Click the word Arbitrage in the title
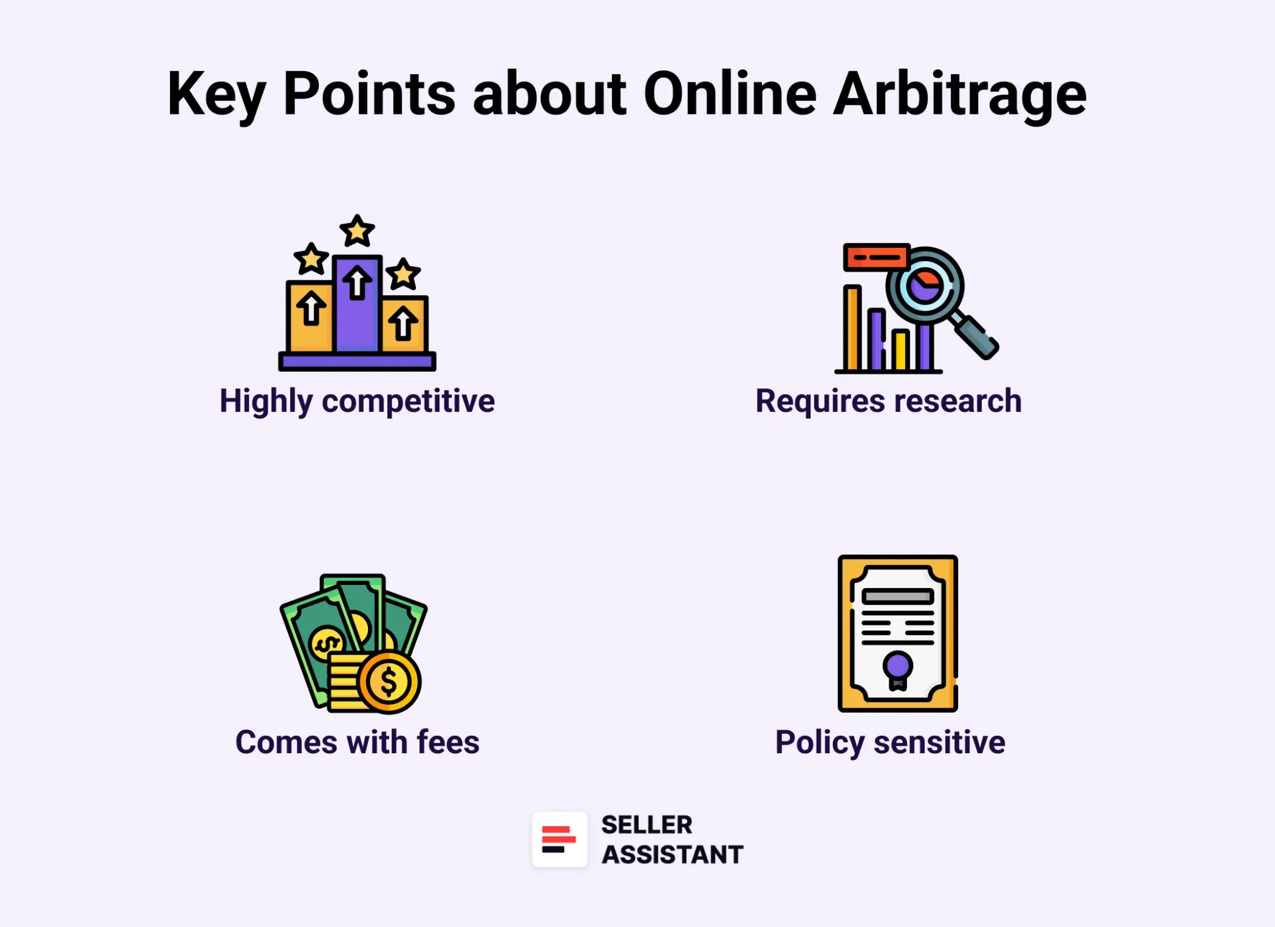(x=959, y=95)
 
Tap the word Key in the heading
(x=216, y=95)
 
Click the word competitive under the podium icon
(x=408, y=401)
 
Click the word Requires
(x=820, y=401)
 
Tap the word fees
(x=448, y=742)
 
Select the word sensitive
(x=939, y=742)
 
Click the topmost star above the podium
(x=357, y=231)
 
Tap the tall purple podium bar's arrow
(x=357, y=283)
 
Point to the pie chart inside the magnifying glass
(x=924, y=286)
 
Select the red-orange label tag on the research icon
(x=876, y=257)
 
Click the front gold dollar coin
(x=389, y=682)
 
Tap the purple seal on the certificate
(x=897, y=665)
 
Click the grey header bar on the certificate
(x=897, y=597)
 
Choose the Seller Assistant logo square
(x=559, y=839)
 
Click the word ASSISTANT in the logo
(x=672, y=855)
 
